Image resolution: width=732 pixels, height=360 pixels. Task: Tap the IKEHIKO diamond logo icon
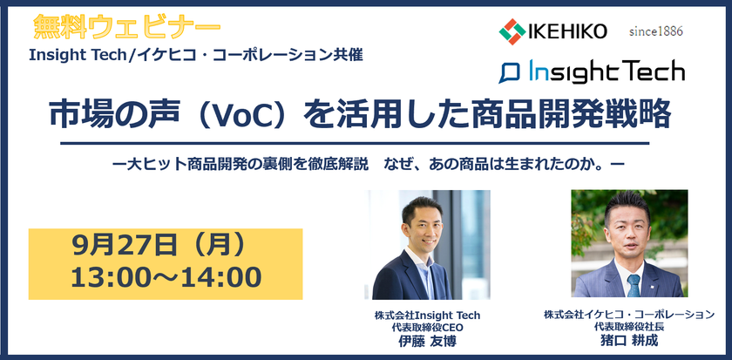pos(512,31)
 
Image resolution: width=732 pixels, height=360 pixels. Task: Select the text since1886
pos(655,31)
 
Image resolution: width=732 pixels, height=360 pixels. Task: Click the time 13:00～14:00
pos(166,278)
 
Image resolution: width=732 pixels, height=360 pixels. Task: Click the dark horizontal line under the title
pos(356,142)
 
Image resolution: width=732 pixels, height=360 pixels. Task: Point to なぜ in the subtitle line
pos(404,163)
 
